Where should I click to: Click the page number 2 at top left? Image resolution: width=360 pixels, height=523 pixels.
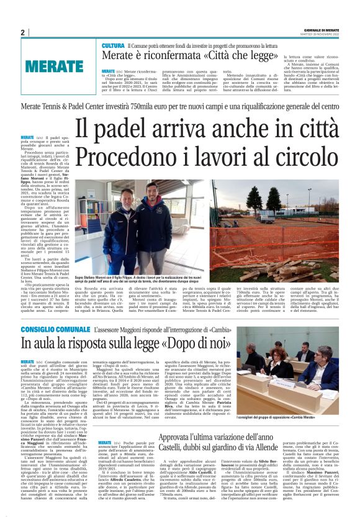(x=22, y=33)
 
